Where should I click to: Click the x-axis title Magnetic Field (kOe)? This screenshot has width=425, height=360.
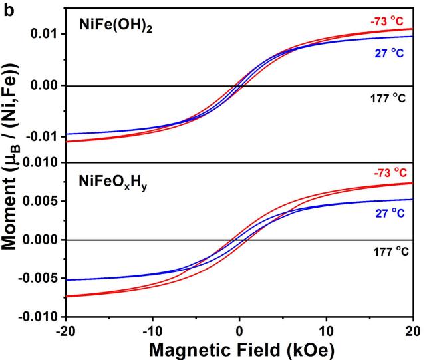[240, 349]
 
